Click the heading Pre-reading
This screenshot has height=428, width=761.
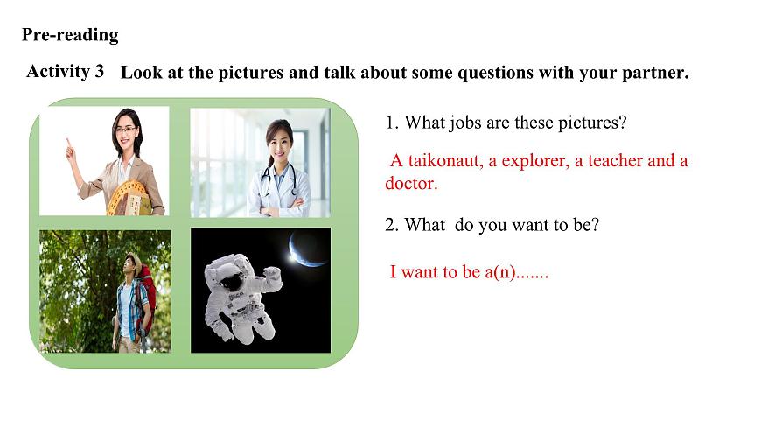70,35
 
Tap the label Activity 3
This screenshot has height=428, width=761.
65,71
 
